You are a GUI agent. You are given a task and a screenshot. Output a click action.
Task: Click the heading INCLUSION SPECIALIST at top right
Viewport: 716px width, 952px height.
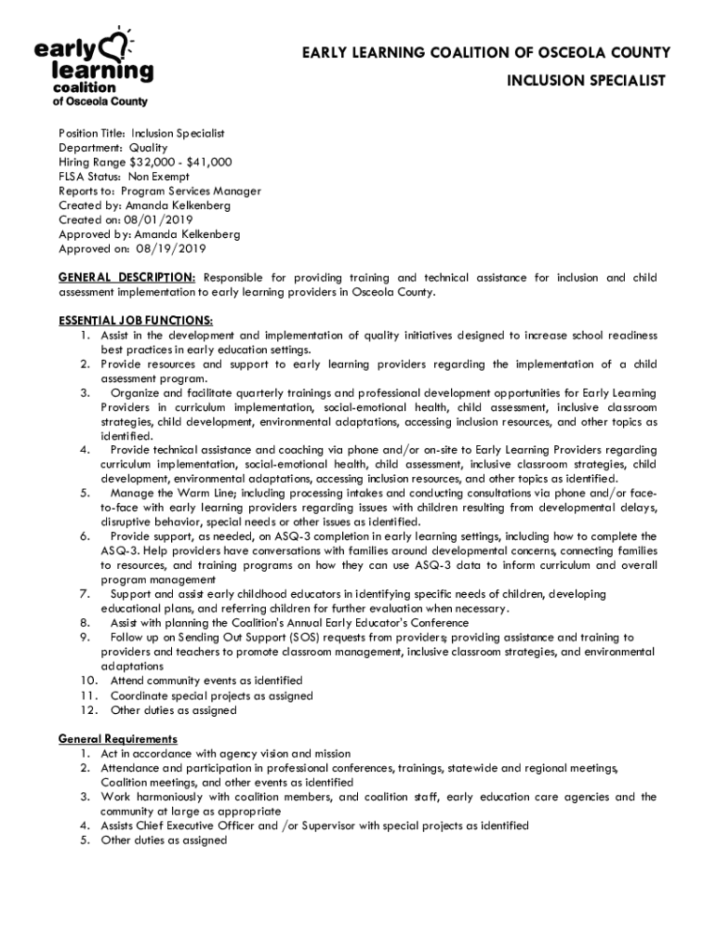(586, 81)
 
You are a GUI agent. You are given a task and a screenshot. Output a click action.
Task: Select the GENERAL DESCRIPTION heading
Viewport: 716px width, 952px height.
(126, 278)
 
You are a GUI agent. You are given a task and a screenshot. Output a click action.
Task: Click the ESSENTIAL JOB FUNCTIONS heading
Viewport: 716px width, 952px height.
(136, 321)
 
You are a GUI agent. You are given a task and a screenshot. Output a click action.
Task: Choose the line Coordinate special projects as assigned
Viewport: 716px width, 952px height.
(211, 696)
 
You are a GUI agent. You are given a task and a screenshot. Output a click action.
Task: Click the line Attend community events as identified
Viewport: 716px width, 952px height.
(206, 681)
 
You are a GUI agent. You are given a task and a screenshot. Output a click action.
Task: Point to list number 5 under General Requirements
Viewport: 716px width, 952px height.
(84, 840)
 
